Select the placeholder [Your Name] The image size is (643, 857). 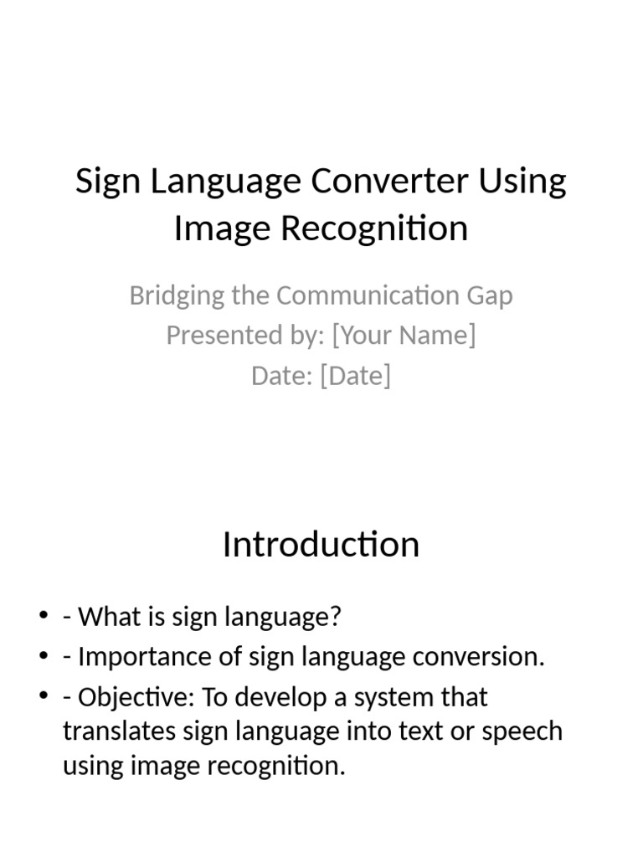click(x=404, y=335)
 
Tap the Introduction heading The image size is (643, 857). click(x=321, y=545)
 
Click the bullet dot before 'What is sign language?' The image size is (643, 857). click(x=44, y=617)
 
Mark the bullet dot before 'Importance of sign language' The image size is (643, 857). click(x=44, y=657)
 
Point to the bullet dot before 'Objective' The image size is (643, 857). click(x=44, y=697)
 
